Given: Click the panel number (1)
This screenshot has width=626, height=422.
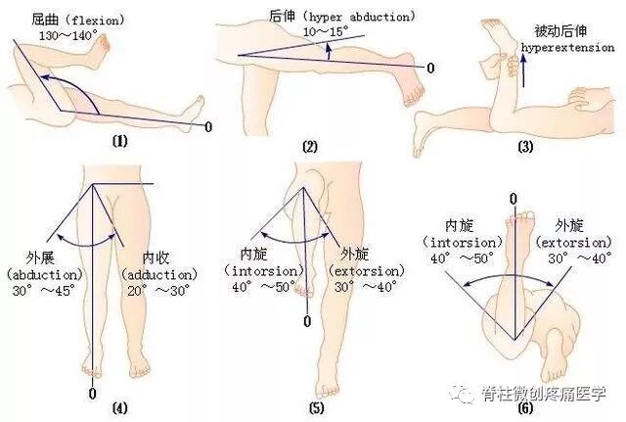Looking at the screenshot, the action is pyautogui.click(x=120, y=140).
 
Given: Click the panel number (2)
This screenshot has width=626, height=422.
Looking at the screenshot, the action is pyautogui.click(x=310, y=148).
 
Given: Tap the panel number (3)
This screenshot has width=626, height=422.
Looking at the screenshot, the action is pyautogui.click(x=525, y=148).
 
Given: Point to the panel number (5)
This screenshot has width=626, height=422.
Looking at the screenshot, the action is pyautogui.click(x=314, y=406).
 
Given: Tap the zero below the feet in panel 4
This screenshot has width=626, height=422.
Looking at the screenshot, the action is pyautogui.click(x=93, y=393).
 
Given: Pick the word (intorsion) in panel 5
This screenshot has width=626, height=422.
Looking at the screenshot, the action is pyautogui.click(x=258, y=270).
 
